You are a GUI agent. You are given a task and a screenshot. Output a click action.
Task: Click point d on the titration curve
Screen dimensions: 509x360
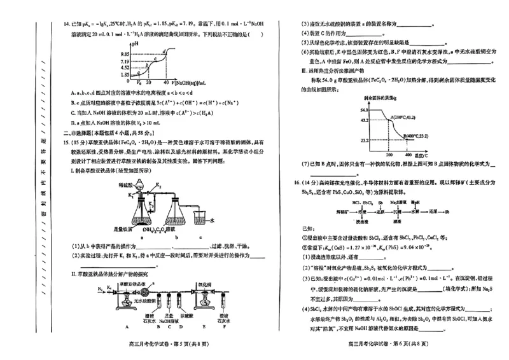[165, 50]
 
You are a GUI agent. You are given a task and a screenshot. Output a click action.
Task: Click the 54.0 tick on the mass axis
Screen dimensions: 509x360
[363, 110]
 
